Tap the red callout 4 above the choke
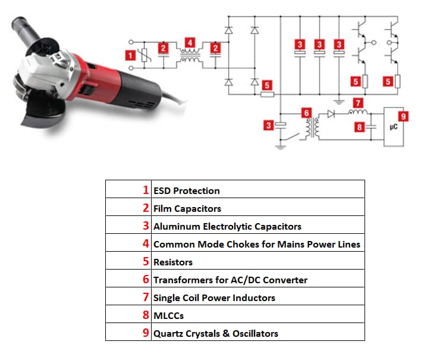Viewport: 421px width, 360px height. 190,42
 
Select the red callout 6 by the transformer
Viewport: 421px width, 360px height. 306,112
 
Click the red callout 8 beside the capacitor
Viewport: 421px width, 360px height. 359,126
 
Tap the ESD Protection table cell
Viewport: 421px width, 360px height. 187,190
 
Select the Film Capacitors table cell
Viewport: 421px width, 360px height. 187,208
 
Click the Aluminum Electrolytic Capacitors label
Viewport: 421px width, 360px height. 227,226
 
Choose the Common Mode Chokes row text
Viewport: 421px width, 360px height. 256,244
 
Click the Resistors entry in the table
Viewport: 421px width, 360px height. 173,262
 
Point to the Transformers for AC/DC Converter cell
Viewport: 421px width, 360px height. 230,280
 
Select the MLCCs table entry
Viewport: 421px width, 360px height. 168,315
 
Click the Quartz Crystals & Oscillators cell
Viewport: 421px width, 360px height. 215,333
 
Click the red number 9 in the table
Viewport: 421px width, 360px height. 146,333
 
